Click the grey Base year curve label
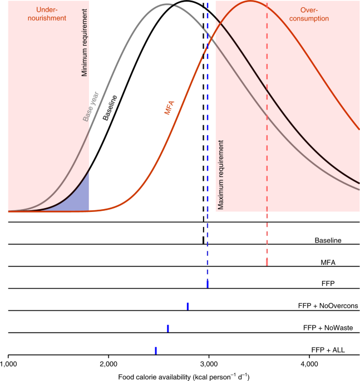(89, 106)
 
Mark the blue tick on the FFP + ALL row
(156, 350)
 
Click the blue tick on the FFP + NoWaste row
(167, 328)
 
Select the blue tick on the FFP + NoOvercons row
(188, 306)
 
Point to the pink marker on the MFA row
(267, 262)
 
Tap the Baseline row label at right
(328, 240)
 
